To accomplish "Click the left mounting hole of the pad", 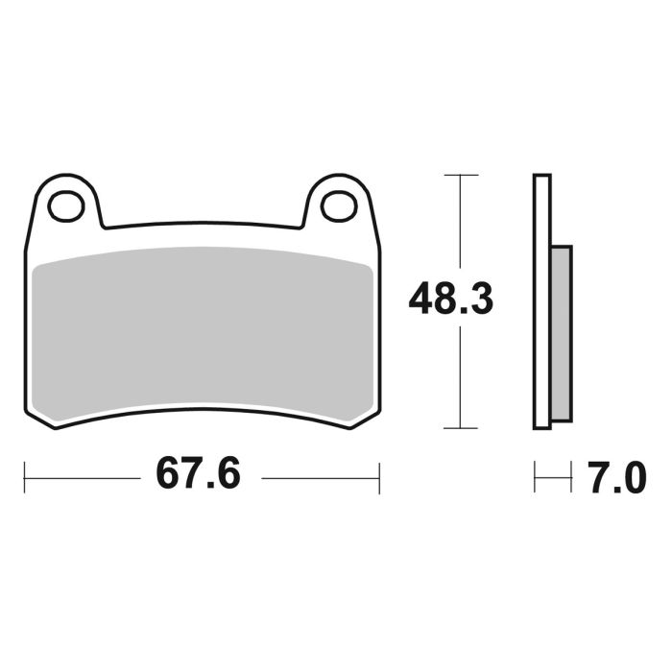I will click(66, 205).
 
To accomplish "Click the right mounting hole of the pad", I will click(338, 205).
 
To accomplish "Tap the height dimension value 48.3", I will click(450, 300).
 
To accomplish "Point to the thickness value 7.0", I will click(616, 477).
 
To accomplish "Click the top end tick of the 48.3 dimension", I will click(461, 176).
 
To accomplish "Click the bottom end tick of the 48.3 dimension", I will click(461, 428).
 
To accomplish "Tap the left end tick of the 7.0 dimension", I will click(535, 477).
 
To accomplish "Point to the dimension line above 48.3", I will click(461, 226).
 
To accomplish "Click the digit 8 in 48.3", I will click(449, 300).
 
